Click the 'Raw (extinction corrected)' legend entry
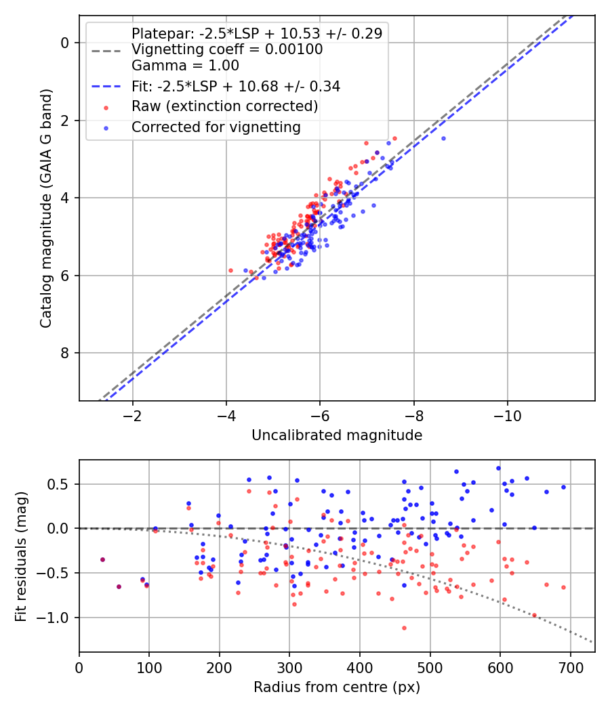pos(224,106)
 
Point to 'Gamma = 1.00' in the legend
pos(185,66)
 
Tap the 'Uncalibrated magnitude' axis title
pos(337,435)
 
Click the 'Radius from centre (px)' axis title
pos(337,687)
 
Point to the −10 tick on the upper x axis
pos(508,414)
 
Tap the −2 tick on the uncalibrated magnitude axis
pos(132,414)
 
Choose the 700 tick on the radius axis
pos(570,666)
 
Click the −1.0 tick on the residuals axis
pos(59,618)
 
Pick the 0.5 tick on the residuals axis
pos(62,483)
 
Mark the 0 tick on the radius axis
pos(79,666)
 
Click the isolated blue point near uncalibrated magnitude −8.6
pos(443,138)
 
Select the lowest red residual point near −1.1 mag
pos(404,628)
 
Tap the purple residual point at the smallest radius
pos(102,559)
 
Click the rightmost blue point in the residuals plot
pos(563,487)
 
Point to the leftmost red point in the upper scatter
pos(230,270)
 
